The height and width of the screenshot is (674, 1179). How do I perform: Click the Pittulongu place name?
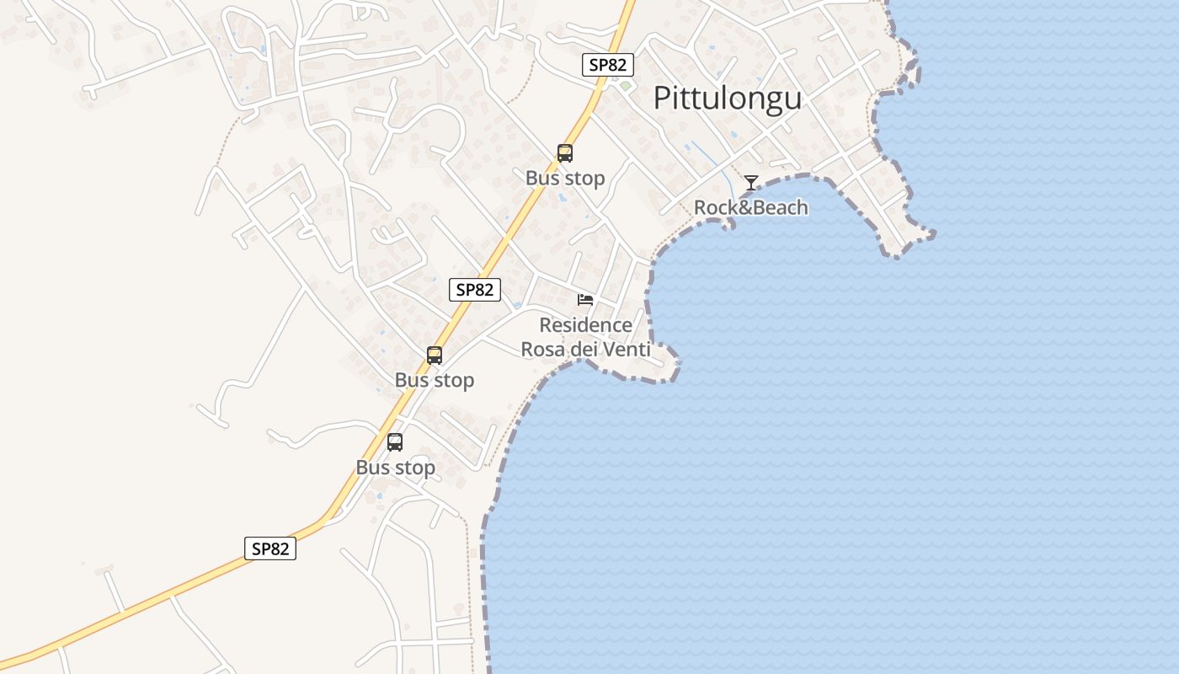tap(727, 99)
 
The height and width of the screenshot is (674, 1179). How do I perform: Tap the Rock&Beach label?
tap(750, 207)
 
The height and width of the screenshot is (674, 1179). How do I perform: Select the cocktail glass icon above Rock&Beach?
tap(750, 183)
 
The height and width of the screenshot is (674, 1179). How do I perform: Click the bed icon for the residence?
tap(585, 299)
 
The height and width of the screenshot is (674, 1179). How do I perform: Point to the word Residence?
tap(585, 325)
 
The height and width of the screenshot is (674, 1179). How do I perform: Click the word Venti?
tap(627, 349)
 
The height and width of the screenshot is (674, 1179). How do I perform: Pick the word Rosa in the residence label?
tap(543, 349)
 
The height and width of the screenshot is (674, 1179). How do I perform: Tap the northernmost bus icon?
tap(565, 153)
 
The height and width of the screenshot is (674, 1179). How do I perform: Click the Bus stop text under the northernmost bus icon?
tap(565, 179)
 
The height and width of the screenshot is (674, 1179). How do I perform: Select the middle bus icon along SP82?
tap(435, 356)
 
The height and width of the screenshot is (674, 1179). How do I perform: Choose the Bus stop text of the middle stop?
tap(435, 381)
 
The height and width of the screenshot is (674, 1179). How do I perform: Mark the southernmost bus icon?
tap(395, 442)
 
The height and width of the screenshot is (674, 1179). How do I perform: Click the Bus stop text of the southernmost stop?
tap(395, 468)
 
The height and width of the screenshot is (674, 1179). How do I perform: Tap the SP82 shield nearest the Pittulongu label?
tap(608, 65)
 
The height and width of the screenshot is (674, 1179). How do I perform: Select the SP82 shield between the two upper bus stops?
tap(475, 290)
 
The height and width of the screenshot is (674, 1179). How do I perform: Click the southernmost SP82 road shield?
tap(270, 548)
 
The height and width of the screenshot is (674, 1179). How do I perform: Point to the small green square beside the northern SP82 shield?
tap(625, 85)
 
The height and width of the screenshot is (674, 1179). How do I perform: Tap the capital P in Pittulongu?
tap(662, 99)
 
